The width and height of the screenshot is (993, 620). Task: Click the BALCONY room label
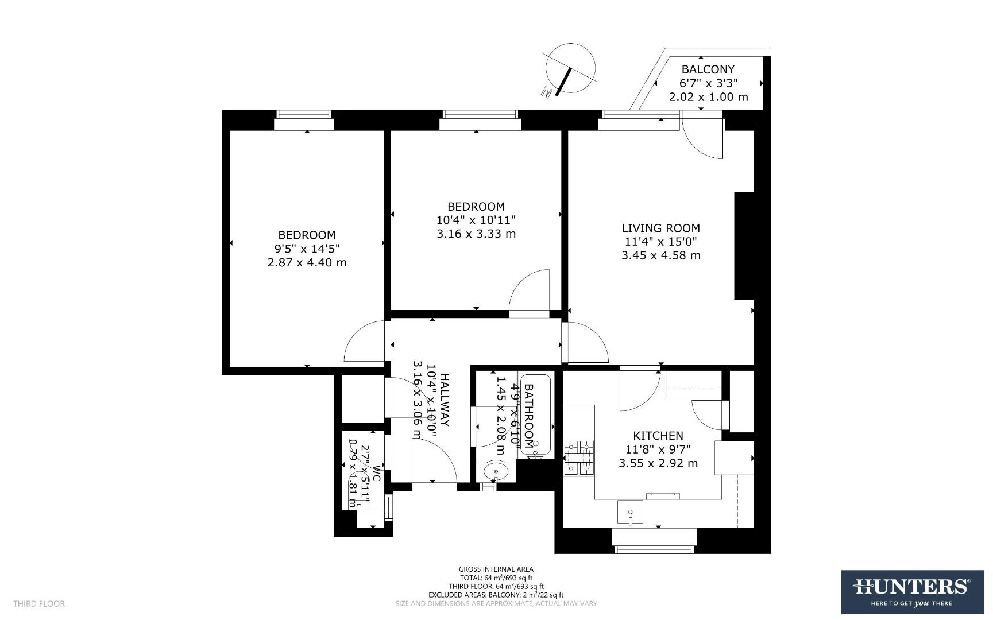(x=708, y=69)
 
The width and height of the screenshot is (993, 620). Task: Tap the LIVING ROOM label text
(x=660, y=228)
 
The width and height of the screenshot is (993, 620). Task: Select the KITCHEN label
(x=658, y=436)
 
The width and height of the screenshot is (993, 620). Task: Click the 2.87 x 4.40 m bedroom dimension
(x=307, y=263)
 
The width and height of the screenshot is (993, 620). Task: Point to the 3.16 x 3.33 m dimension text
(x=476, y=234)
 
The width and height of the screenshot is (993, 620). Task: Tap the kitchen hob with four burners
(x=578, y=458)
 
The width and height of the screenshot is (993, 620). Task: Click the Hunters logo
(x=912, y=591)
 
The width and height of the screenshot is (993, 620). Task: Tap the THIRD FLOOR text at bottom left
(x=39, y=604)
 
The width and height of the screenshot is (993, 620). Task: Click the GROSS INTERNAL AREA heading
(x=496, y=569)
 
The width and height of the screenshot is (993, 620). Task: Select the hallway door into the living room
(x=586, y=343)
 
